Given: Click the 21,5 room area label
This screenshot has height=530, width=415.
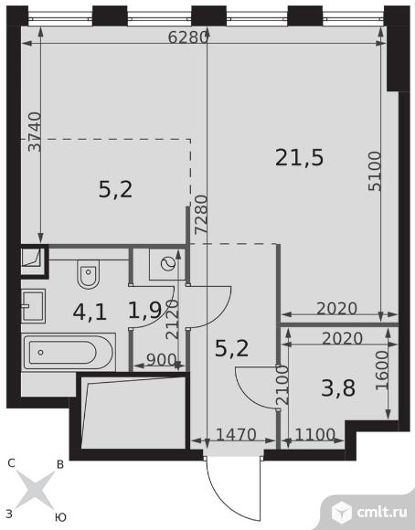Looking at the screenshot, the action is [299, 158].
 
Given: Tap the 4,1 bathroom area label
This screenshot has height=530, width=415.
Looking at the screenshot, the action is [90, 313].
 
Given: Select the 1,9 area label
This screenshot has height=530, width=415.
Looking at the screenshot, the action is [145, 311].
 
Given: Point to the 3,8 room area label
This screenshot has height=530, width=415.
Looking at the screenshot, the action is [338, 388].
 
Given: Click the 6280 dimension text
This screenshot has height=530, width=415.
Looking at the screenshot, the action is [187, 37].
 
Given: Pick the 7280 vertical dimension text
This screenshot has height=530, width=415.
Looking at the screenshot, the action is [202, 215].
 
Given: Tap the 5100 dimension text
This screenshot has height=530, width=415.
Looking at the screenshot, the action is [375, 171].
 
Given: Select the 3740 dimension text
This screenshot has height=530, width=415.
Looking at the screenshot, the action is [35, 132].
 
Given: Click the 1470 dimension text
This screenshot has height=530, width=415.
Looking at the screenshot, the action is [236, 434].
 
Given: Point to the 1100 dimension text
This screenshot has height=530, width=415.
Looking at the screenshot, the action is [315, 434].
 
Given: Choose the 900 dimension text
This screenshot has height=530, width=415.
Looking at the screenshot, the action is [162, 360].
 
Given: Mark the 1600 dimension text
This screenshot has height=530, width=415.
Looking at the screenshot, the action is [382, 370].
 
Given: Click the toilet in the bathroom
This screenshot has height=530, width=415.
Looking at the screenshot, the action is [89, 274].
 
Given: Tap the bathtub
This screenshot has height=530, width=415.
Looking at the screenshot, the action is [69, 352].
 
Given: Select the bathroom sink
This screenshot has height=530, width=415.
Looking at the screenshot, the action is [33, 306].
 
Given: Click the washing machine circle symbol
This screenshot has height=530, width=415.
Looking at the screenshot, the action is [168, 264].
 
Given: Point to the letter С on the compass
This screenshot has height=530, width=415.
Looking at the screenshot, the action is [11, 463].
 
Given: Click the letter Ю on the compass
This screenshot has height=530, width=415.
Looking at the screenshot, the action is [60, 517].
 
